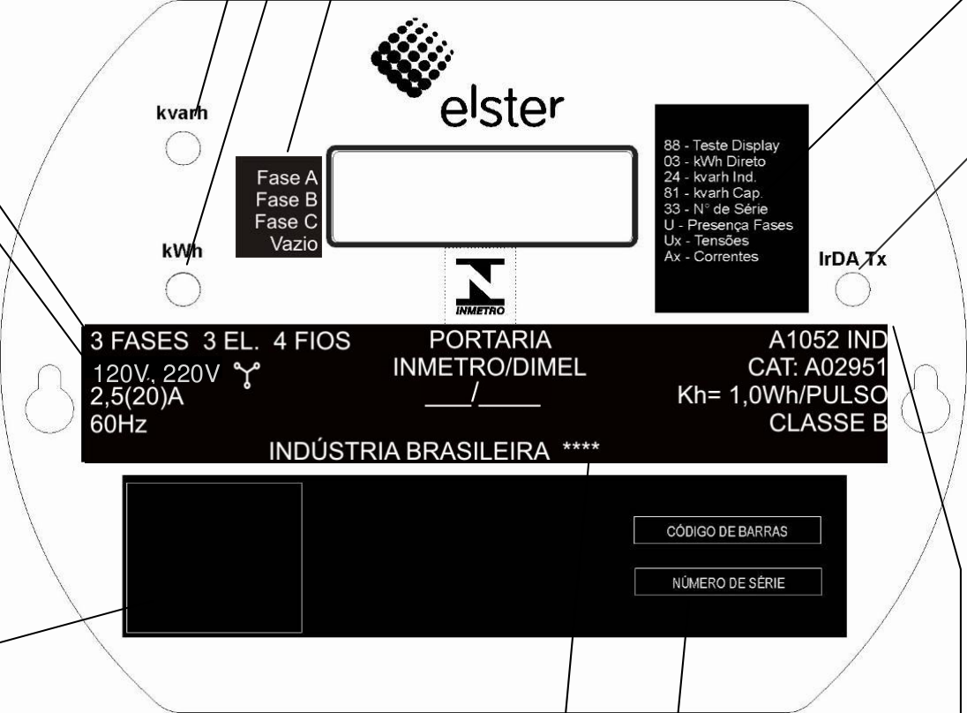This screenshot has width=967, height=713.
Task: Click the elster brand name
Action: coord(502,109)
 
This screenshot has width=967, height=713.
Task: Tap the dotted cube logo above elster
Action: coord(411,56)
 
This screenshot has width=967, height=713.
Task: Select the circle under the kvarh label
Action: coord(184,148)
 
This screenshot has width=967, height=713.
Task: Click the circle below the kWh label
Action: coord(184,289)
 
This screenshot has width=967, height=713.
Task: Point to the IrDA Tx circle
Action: coord(853,288)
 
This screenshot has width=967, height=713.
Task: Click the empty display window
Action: coord(482,196)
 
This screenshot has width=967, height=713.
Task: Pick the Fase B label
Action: coord(286,199)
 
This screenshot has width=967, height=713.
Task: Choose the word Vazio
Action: coord(294,244)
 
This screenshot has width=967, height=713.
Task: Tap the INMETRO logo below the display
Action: coord(480,287)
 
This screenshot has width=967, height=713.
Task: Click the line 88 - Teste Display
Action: coord(722,146)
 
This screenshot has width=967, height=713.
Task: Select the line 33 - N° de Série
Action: coord(716,209)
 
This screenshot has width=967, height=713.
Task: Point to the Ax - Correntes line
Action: coord(711,257)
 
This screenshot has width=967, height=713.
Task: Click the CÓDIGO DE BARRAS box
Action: coord(727,530)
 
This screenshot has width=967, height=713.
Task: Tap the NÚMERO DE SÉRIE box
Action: coord(728,582)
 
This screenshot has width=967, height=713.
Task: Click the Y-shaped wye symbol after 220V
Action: coord(247,375)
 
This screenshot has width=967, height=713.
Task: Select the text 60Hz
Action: coord(118,424)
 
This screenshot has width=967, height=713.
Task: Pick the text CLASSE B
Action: coord(828,423)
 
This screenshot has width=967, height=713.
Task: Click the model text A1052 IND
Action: coord(828,340)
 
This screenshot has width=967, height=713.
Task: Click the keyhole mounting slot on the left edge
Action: coord(49,399)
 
